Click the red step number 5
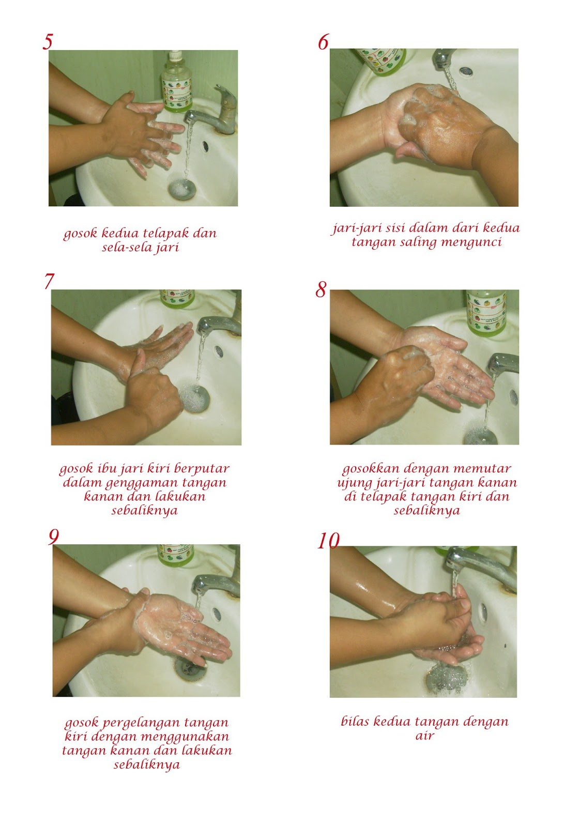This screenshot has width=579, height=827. pos(48,41)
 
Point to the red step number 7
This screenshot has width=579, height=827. pos(49,281)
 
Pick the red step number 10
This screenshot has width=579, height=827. pos(328,541)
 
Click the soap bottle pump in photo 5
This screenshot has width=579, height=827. pos(175,56)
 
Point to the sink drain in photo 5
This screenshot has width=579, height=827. pos(182,189)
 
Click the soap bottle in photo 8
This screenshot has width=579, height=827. pos(486,312)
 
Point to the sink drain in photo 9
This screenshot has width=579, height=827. pos(190,669)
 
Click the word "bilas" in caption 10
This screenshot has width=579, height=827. pos(355,721)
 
